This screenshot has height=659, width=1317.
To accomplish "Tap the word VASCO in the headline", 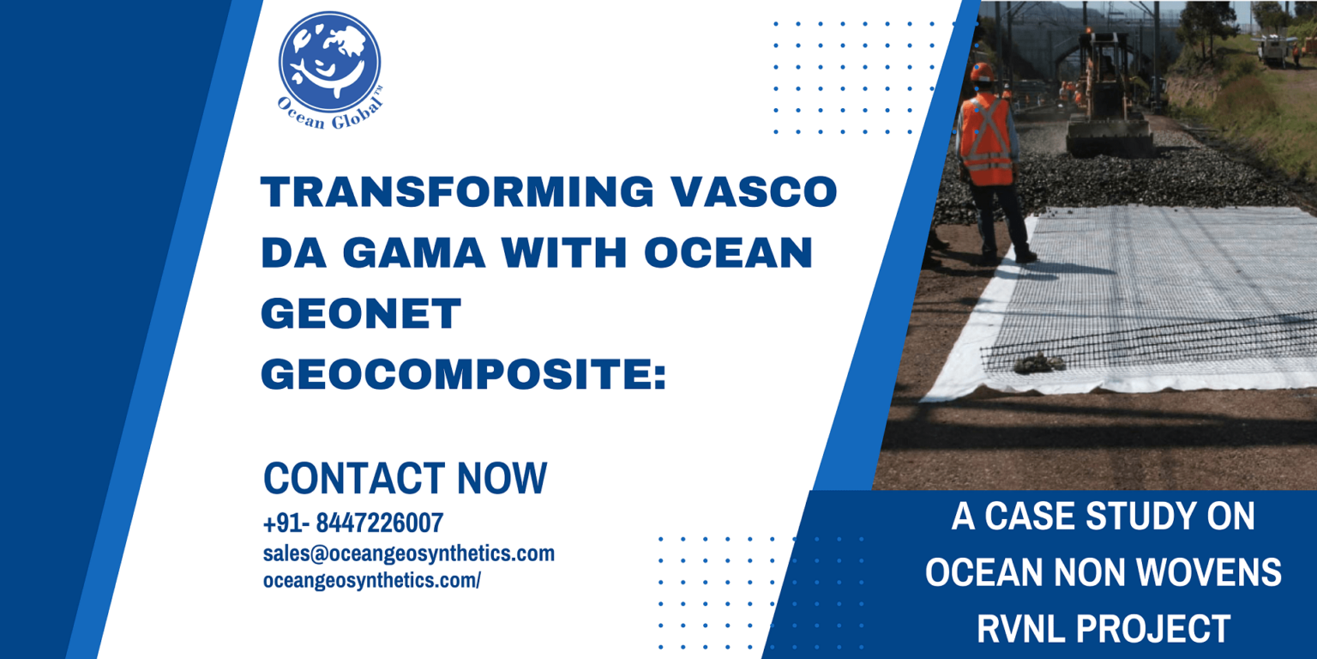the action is click(755, 192).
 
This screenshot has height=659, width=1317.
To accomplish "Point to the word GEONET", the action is click(361, 313).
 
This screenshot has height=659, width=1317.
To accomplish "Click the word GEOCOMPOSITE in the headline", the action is click(455, 373).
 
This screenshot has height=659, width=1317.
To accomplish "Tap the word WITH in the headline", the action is click(564, 252).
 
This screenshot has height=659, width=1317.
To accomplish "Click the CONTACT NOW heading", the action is click(405, 478).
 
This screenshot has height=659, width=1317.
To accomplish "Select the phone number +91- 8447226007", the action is click(353, 523).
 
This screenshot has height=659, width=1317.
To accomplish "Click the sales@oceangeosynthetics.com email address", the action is click(409, 553).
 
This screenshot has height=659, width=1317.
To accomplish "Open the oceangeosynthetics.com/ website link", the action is click(371, 581).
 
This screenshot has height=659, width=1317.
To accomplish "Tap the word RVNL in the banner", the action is click(1020, 628).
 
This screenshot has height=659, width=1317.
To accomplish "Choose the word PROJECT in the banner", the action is click(1153, 628).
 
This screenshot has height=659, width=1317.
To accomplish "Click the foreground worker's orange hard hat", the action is click(982, 72).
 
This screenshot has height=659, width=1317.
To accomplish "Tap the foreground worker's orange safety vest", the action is click(986, 140).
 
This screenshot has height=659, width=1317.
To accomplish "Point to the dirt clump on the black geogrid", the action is click(1039, 362).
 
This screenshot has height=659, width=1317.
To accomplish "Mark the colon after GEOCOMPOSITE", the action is click(659, 377).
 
